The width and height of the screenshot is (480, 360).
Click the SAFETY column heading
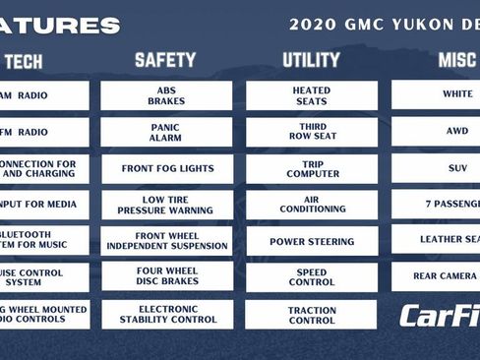tap(165, 60)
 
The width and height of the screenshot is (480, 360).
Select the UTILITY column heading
tap(311, 60)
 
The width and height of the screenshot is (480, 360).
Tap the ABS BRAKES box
tap(166, 95)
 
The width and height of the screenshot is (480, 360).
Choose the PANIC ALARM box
tap(166, 132)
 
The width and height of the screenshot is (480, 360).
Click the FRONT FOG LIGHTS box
tap(166, 168)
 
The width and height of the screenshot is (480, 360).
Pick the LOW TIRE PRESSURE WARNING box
tap(166, 205)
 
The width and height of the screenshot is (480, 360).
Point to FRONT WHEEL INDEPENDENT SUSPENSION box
tap(166, 241)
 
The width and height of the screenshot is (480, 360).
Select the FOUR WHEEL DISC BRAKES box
tap(166, 277)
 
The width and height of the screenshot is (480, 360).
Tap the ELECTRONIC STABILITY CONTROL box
tap(166, 314)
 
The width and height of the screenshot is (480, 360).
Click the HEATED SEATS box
tap(312, 95)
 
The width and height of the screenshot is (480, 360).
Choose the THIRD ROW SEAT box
tap(312, 132)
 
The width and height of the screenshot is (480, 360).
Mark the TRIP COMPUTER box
tap(312, 168)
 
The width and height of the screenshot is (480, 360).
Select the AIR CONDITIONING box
tap(312, 205)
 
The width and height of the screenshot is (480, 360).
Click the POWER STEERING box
tap(312, 241)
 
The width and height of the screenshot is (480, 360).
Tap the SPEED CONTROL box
tap(312, 277)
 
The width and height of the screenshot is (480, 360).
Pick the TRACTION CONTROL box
tap(312, 314)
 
